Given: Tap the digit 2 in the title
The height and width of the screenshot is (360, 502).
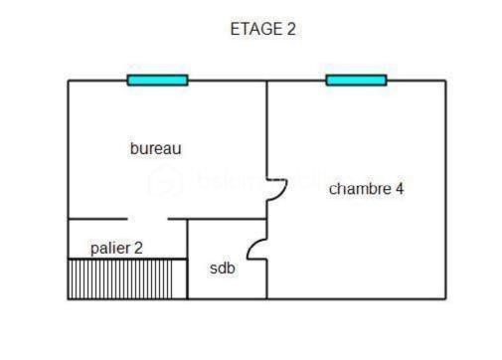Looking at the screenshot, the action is point(291,30).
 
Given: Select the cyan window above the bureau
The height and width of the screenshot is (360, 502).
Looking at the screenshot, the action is point(157,81).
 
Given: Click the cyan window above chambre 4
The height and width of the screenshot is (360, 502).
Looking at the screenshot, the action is point(356,81).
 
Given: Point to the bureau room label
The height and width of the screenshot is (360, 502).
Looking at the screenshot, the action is point(156,149).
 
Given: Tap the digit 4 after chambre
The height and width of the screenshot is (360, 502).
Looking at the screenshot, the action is point(399,188).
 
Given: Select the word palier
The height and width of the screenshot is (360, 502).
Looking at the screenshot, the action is point(110,248).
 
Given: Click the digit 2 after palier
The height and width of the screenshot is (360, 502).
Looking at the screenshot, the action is point(138,248).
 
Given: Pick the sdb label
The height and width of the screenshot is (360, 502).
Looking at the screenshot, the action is point(223,269).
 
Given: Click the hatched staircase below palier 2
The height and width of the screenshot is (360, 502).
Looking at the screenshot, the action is point(127,278).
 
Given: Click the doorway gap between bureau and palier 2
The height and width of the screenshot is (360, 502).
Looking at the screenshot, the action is point(147,219).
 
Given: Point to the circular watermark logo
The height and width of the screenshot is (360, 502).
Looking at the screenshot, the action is point(164,182).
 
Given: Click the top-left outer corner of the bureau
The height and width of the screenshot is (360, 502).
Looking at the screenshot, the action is point(68,81).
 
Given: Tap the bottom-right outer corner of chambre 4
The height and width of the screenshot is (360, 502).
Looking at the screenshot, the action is point(445,298).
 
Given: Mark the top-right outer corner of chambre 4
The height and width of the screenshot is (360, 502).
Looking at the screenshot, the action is point(445,81).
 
